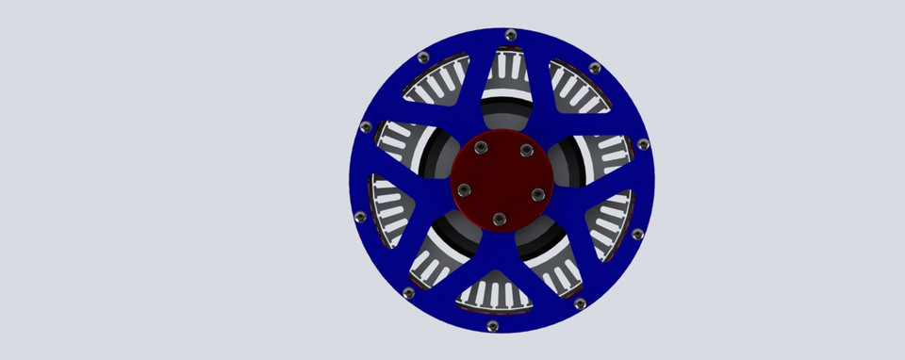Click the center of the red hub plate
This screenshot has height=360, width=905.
coord(499,181)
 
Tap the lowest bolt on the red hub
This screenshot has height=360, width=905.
coord(499,219)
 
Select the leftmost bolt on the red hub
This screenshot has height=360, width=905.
coord(463,189)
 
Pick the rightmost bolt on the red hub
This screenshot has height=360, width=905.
coord(537,193)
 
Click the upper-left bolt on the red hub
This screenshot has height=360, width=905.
coord(481,148)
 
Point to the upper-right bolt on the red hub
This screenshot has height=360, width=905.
coord(525,151)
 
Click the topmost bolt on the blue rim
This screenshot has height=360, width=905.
coord(511,35)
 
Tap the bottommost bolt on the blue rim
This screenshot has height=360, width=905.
coord(490,326)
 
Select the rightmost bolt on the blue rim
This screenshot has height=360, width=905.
coord(643,144)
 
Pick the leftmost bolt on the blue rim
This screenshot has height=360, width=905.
coord(358,217)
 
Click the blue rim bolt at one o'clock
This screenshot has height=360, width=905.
coord(594,68)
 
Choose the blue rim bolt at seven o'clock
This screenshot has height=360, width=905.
coord(408,293)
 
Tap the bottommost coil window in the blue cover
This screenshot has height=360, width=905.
coord(493,293)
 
